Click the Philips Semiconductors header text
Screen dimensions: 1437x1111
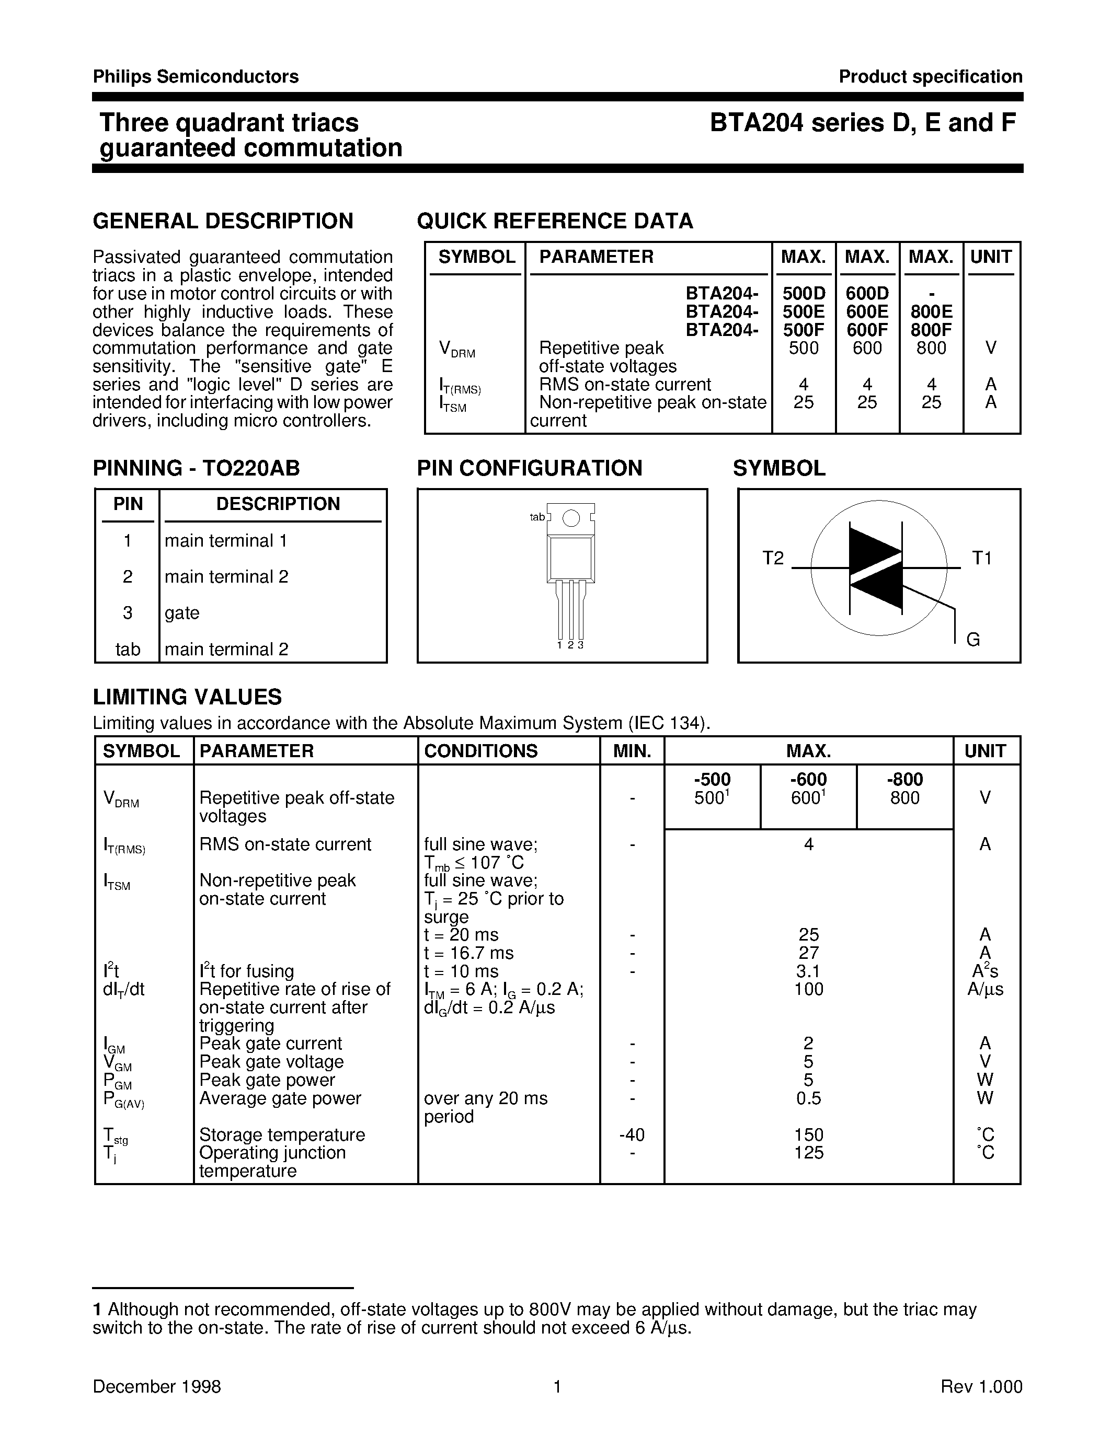coord(196,77)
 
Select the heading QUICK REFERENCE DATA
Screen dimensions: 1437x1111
coord(555,221)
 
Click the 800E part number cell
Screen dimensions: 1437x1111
coord(931,312)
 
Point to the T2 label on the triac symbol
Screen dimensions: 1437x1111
coord(773,559)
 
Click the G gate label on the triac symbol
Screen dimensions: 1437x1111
coord(973,640)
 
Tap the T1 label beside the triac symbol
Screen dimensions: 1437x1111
coord(981,559)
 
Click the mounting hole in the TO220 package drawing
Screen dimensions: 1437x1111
coord(571,518)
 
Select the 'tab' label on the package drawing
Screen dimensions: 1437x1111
coord(537,517)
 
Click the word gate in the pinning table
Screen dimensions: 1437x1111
coord(181,613)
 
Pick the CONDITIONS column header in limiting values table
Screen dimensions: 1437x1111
coord(480,751)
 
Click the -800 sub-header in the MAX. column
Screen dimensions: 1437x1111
coord(904,780)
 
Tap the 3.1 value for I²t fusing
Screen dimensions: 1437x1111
coord(808,971)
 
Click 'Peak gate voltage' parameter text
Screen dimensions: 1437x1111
coord(271,1062)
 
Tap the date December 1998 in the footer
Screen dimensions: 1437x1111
coord(157,1387)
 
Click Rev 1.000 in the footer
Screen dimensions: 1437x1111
coord(981,1387)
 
